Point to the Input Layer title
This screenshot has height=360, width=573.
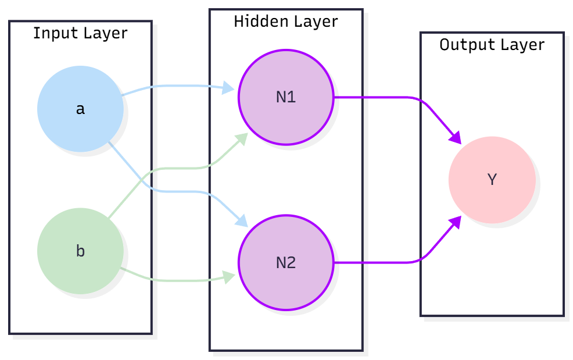(x=80, y=33)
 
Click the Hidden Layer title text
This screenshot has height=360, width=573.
(x=285, y=22)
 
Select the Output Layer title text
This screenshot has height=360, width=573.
(x=492, y=45)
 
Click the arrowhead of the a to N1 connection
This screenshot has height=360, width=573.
(x=230, y=90)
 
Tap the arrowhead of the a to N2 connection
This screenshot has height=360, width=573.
(x=243, y=222)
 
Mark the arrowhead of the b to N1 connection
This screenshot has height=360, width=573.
(x=243, y=138)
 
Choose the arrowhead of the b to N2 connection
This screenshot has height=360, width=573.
(x=230, y=276)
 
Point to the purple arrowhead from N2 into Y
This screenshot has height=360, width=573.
(x=456, y=222)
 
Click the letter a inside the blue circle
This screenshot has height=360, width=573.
(x=80, y=109)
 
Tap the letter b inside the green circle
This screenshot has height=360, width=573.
(x=80, y=251)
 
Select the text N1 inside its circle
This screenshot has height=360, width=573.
(x=286, y=97)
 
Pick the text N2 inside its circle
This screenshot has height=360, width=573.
(x=286, y=263)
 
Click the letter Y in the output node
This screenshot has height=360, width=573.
(x=492, y=180)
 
